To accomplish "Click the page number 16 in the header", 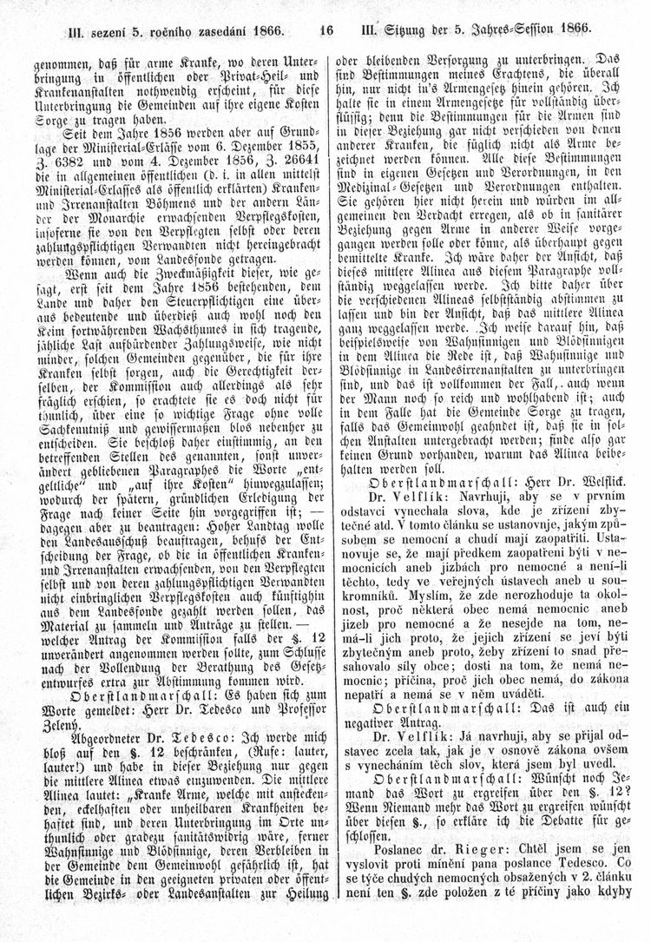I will click(x=326, y=28).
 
